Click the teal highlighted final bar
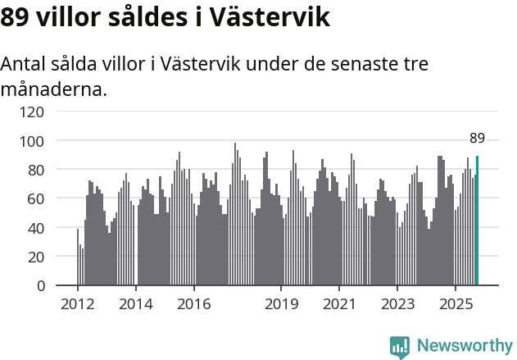(477, 221)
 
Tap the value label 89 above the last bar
(477, 138)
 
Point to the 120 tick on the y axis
(33, 112)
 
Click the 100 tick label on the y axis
(33, 141)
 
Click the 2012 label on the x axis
(78, 304)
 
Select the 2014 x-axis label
(136, 304)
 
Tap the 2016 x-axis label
(193, 304)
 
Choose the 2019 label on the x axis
(281, 304)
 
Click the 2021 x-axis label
(338, 304)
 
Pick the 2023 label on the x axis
(397, 304)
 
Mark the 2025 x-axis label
(455, 304)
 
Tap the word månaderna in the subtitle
(53, 89)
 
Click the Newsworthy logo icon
(400, 347)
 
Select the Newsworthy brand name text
(465, 346)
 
